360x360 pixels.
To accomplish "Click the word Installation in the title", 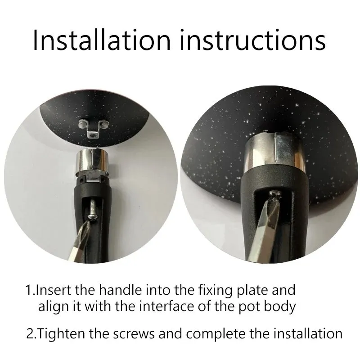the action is tap(102, 40).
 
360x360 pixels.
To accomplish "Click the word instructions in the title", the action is tap(253, 40).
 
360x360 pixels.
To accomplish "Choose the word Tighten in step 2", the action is tap(61, 334).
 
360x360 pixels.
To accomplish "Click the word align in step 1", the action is tap(54, 307).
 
